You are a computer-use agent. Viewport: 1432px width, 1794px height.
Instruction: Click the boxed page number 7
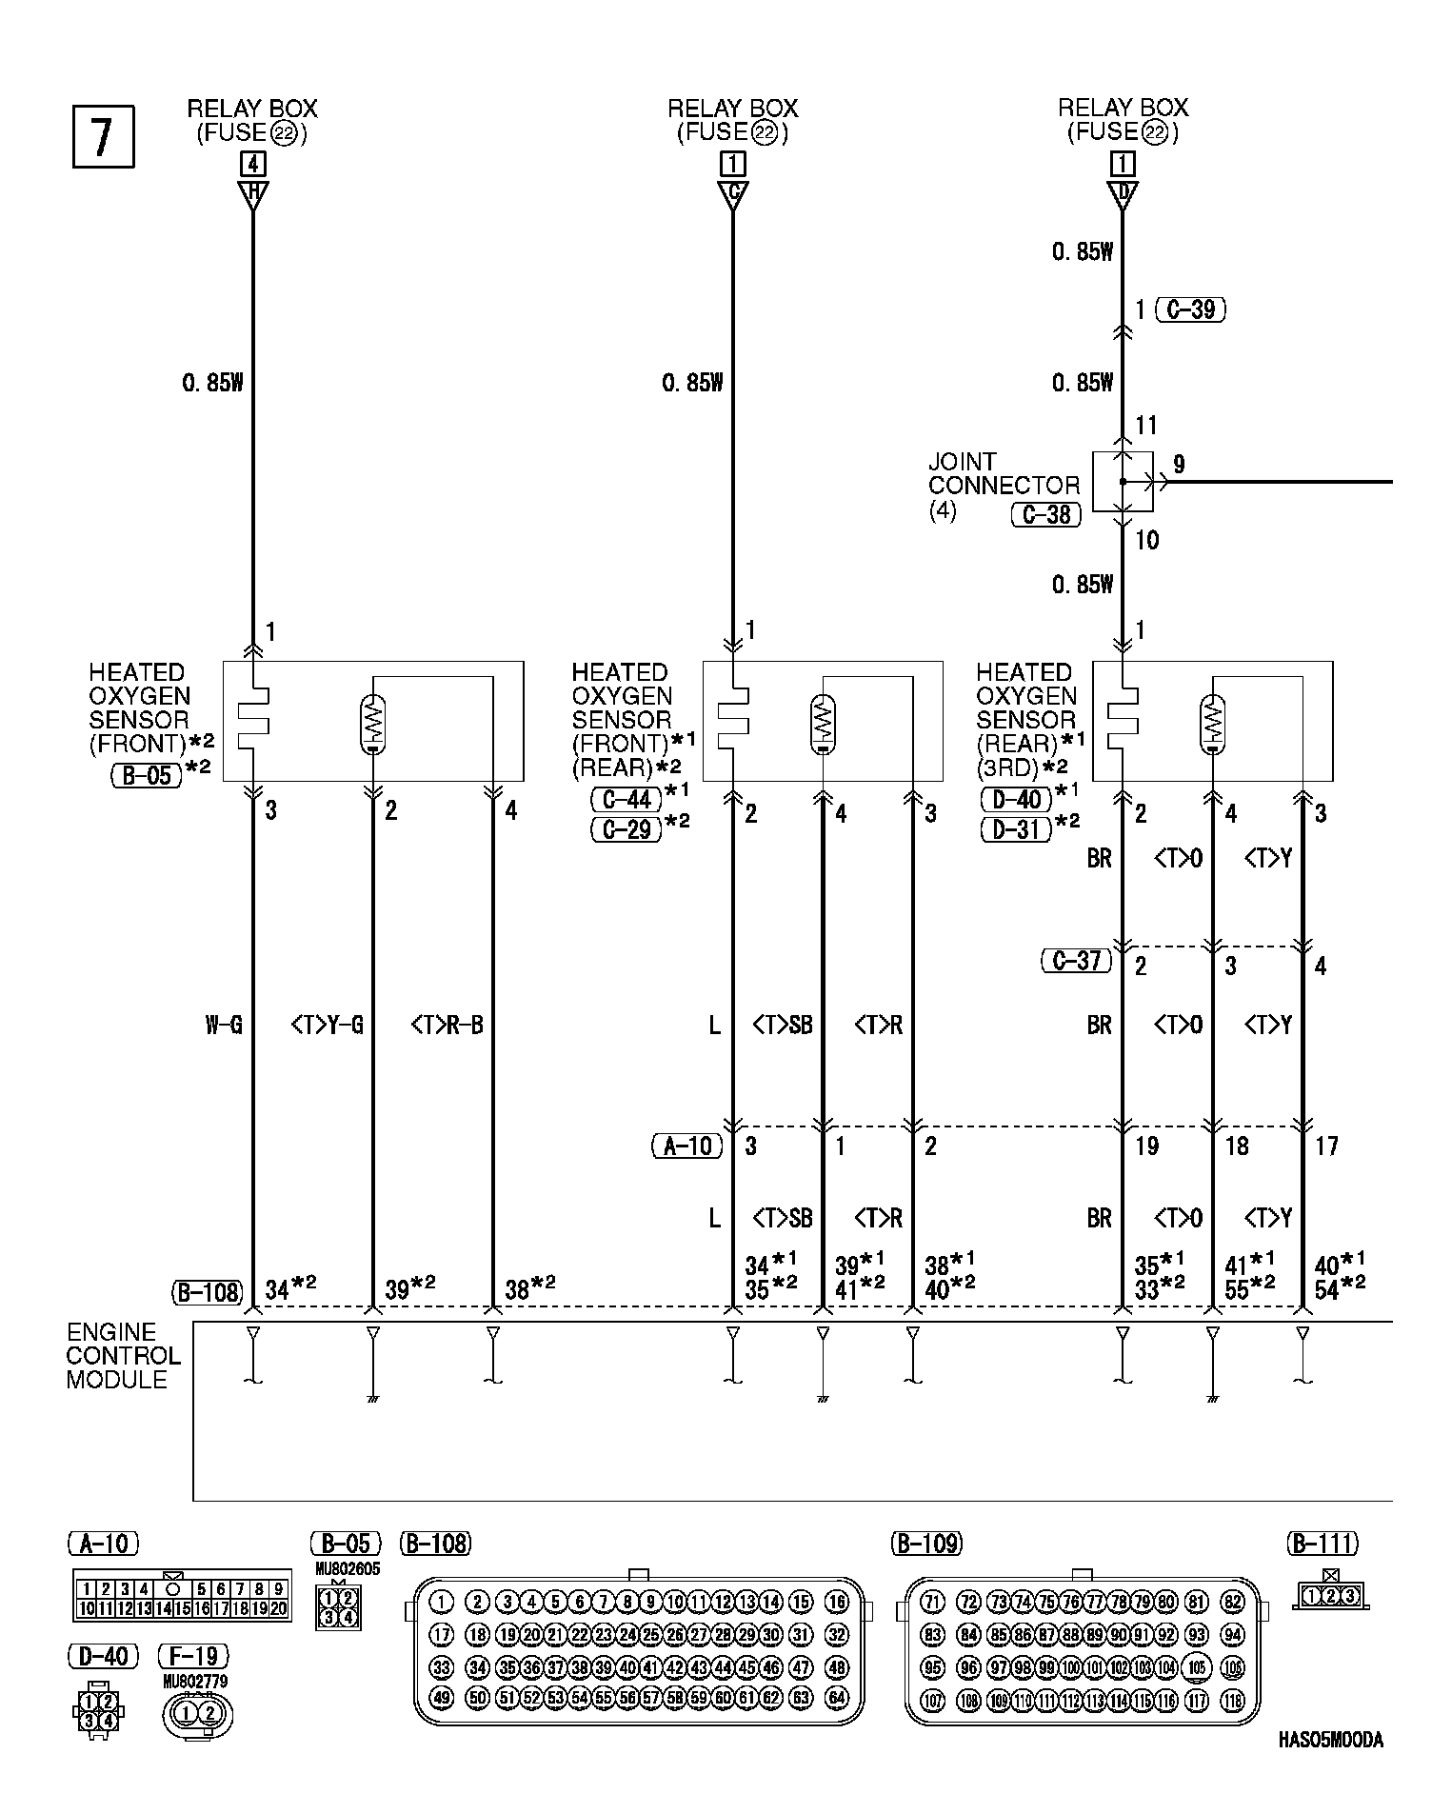pos(103,137)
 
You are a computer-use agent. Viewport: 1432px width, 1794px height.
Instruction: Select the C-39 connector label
pos(1190,309)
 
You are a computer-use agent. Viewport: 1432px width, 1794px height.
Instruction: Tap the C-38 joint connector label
pos(1045,515)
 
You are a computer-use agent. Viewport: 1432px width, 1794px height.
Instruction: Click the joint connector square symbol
pos(1123,482)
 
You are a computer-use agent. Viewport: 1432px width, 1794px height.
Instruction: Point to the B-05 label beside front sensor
pos(147,775)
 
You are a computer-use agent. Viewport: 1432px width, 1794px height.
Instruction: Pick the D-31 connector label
pos(1017,829)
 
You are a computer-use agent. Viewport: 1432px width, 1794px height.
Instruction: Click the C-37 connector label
pos(1077,961)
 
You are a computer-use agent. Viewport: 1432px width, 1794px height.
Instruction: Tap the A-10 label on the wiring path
pos(687,1146)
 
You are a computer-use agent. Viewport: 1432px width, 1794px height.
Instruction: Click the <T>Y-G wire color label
pos(327,1026)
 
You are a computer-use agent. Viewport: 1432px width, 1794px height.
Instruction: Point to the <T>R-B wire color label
pos(447,1026)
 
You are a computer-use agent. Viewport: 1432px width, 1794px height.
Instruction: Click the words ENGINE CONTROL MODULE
pos(124,1356)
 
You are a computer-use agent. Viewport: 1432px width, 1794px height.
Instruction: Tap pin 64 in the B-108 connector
pos(837,1698)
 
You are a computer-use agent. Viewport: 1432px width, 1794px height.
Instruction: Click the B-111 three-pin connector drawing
pos(1331,1596)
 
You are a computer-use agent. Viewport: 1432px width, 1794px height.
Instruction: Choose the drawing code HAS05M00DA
pos(1331,1740)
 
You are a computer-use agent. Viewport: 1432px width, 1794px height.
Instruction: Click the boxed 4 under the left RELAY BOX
pos(252,164)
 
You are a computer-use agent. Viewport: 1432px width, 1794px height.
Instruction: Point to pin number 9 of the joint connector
pos(1179,465)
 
